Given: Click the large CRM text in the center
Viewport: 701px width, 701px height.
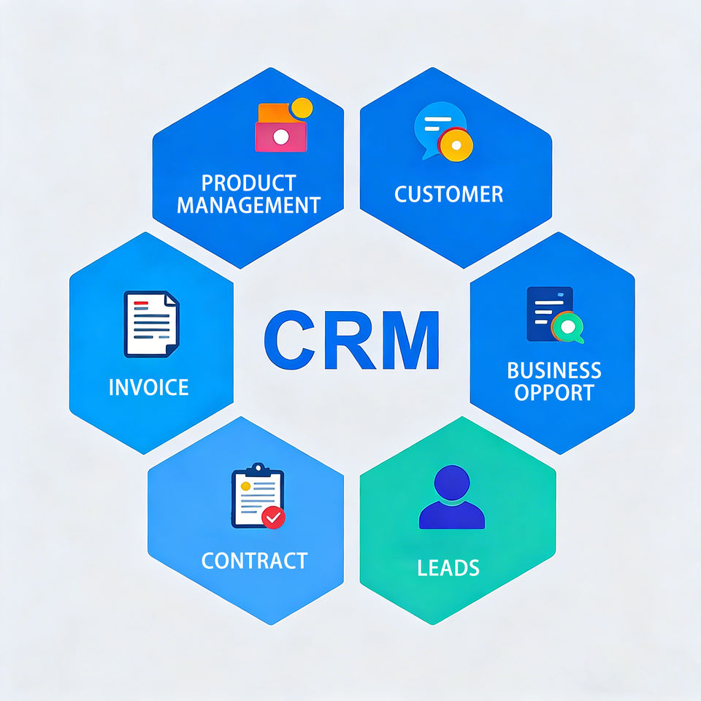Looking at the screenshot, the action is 351,340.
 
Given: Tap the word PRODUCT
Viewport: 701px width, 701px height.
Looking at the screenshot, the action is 248,183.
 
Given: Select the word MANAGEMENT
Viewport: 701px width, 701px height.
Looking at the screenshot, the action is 248,205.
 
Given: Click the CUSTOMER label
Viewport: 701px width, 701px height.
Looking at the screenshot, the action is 448,194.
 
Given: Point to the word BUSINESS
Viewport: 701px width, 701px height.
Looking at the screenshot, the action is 554,370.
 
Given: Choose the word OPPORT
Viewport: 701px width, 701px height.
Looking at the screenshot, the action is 553,392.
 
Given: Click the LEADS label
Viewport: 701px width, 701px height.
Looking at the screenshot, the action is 448,567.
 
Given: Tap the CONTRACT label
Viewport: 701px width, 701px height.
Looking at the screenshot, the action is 254,561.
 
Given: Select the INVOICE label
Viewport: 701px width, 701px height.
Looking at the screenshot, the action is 148,387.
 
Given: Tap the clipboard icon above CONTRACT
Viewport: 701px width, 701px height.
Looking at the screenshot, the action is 256,496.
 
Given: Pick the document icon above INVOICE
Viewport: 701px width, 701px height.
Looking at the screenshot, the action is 150,323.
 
